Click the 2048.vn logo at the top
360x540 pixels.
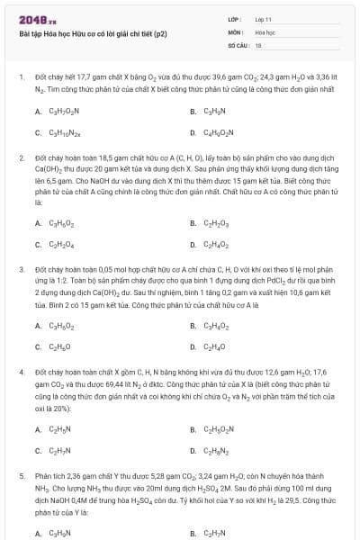pos(38,19)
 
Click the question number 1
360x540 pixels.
pos(20,78)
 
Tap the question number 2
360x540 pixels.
pos(20,157)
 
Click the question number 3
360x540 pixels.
pos(20,269)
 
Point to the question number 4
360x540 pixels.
pos(20,372)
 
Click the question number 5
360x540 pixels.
pos(20,475)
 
